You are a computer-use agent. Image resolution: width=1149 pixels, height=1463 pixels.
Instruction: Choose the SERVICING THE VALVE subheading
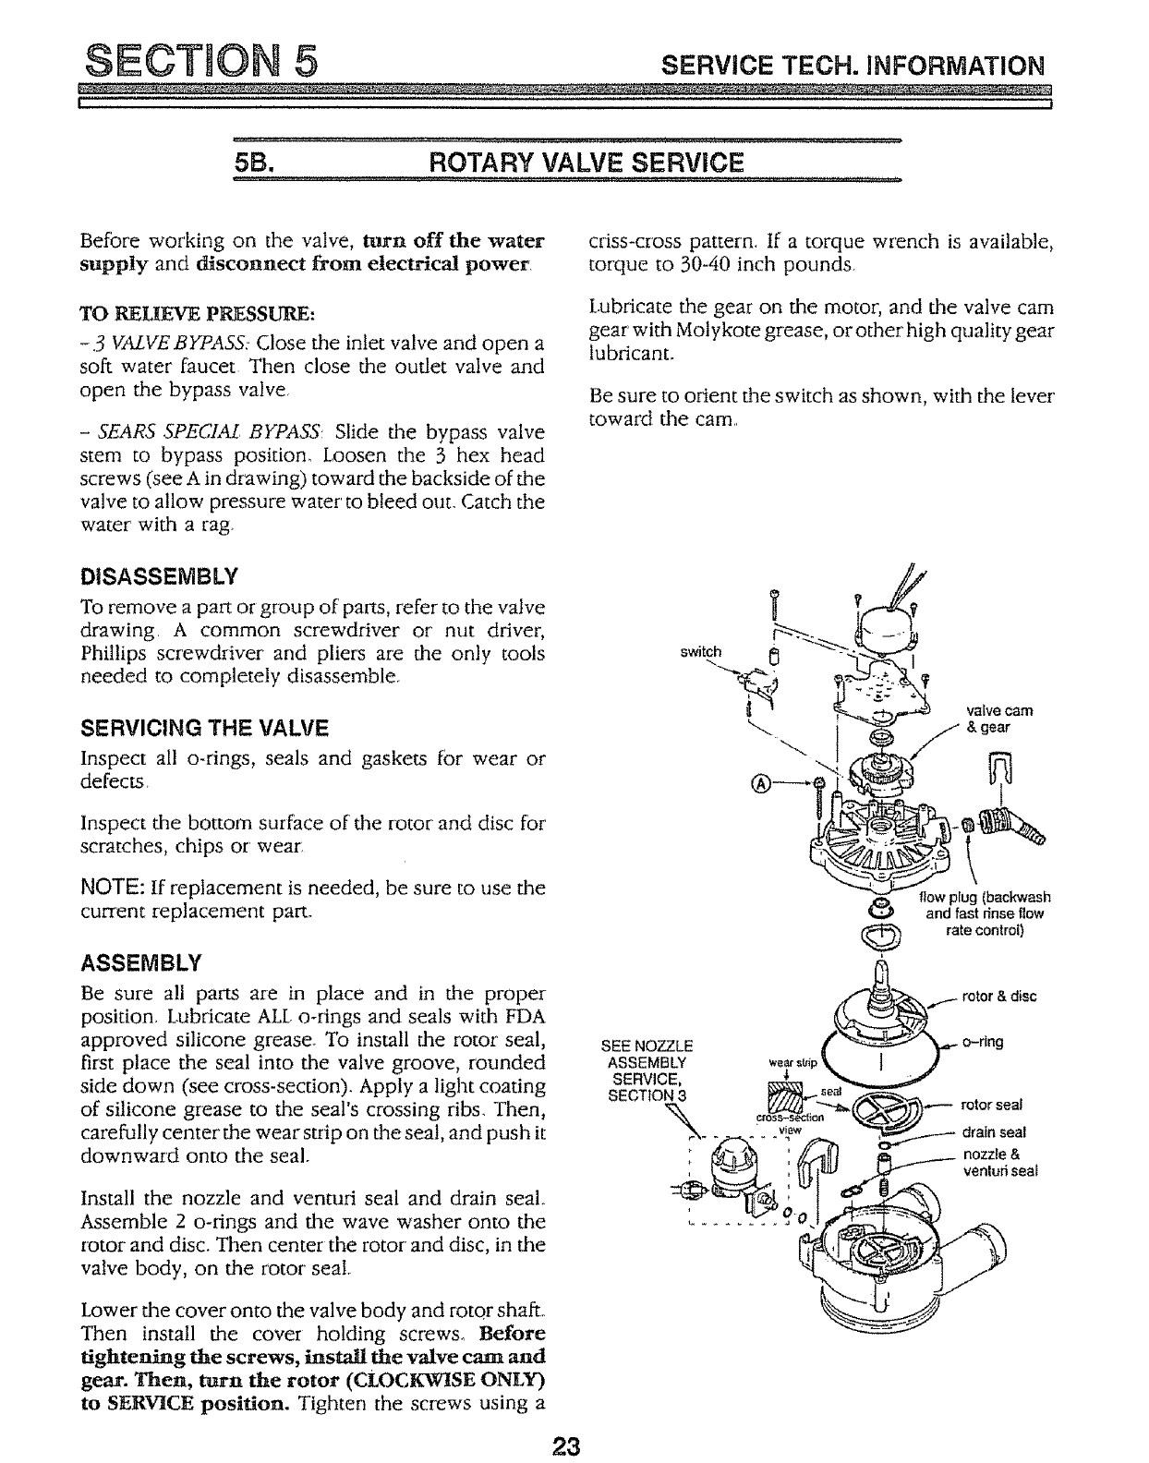[x=204, y=729]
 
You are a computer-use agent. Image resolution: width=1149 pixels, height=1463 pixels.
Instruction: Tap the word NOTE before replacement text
[x=108, y=889]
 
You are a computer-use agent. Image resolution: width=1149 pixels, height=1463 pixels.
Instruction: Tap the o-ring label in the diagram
[x=983, y=1042]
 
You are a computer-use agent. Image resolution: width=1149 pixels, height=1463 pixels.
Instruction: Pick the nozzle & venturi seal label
[x=1000, y=1163]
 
